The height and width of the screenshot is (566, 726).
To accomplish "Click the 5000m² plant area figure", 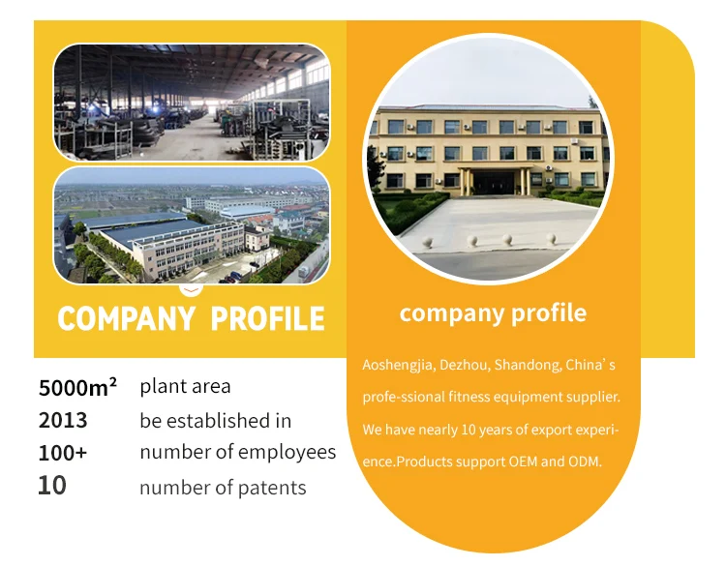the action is pos(77,387).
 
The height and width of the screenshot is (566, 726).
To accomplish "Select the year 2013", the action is pos(63,420).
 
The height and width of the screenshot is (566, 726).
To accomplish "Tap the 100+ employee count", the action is pos(63,453).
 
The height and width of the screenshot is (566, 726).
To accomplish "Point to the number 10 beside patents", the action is pos(52,486).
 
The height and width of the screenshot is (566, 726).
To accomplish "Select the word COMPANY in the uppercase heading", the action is pos(127,318).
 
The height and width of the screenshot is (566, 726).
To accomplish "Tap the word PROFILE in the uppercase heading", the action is pos(267,318).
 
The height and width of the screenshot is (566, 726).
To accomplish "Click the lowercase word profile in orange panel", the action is pos(549,313).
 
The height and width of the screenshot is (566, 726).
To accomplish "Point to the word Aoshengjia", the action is pos(398,365).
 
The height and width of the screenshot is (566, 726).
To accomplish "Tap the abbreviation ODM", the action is pos(585,462).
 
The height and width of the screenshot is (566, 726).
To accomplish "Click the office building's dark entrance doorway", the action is pos(494,182).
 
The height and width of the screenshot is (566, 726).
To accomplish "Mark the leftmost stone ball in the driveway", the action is pos(427,242).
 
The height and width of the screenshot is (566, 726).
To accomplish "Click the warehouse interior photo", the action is pos(192,103).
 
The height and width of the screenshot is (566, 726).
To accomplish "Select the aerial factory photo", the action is pos(192,225).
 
